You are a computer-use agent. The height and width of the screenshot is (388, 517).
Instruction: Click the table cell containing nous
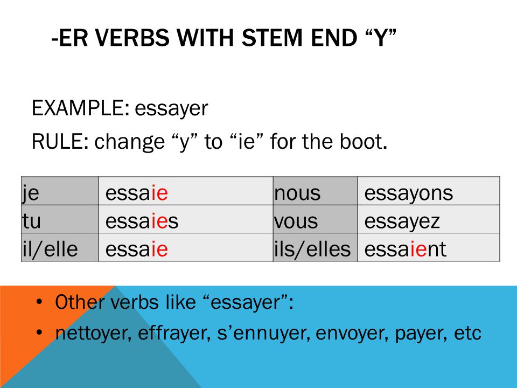[x=316, y=191]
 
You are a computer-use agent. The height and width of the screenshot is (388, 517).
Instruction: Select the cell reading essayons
[x=429, y=191]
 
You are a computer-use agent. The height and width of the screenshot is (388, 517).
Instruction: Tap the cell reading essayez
[x=429, y=219]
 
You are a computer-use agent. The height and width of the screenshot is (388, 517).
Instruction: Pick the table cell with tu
[x=60, y=219]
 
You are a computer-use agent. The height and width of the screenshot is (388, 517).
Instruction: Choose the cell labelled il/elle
[x=60, y=247]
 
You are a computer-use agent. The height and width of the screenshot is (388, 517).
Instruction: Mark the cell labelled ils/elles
[x=316, y=247]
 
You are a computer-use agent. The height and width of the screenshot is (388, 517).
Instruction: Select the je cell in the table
[x=60, y=191]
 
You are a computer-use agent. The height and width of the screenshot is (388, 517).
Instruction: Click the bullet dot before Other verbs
[x=39, y=302]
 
